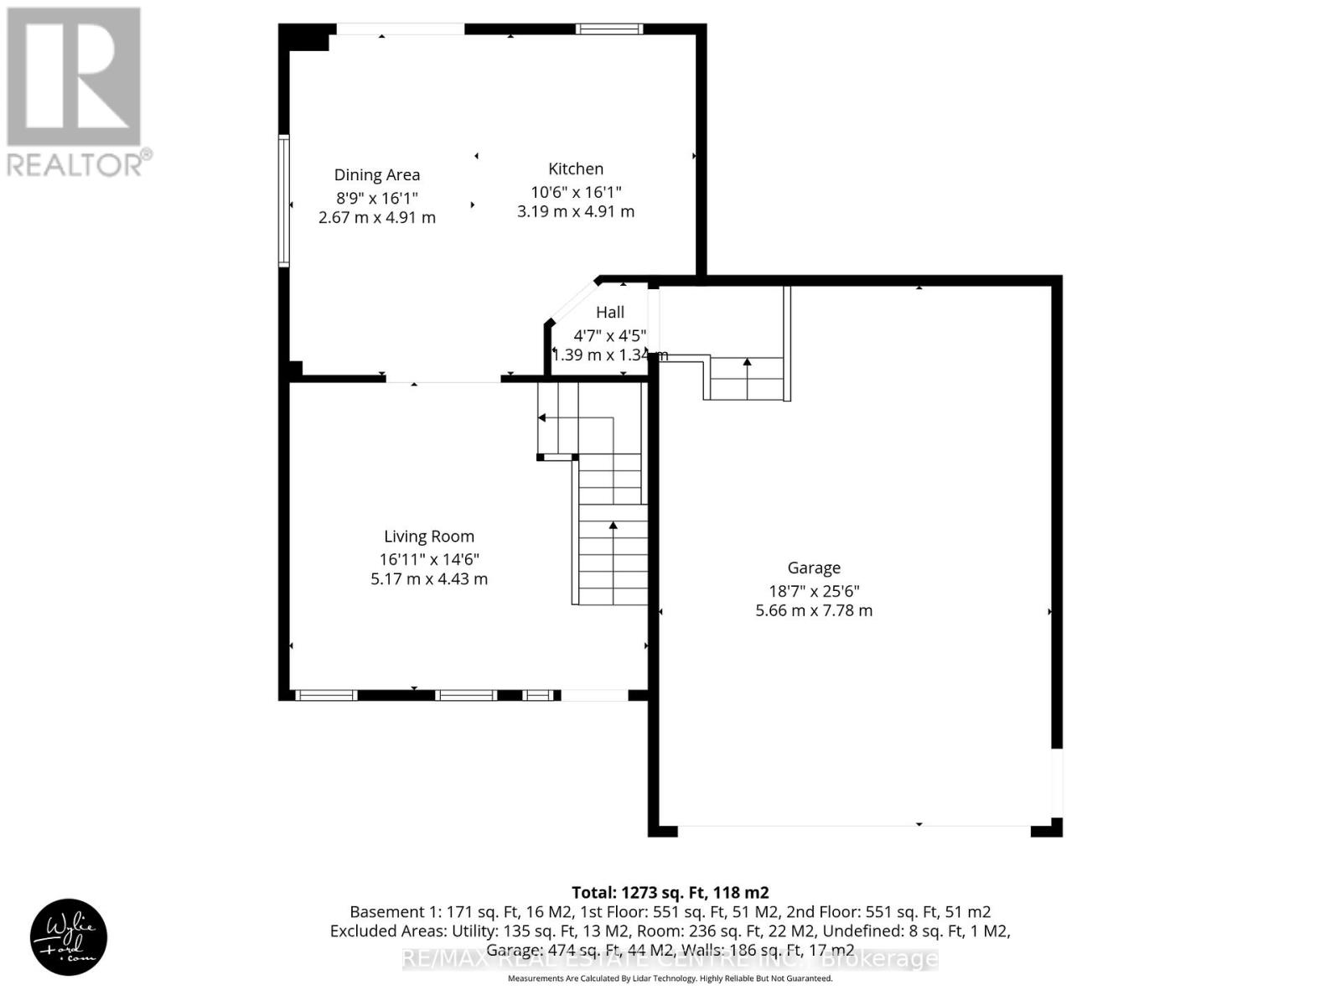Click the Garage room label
(x=813, y=568)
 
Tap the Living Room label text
(x=429, y=537)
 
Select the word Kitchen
(x=576, y=169)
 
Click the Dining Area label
(x=377, y=175)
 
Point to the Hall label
(x=610, y=313)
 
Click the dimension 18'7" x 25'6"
(x=814, y=591)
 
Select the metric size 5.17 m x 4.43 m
(x=429, y=579)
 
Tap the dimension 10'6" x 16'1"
(x=576, y=192)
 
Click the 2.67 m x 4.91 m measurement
(x=377, y=218)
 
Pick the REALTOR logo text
(x=80, y=163)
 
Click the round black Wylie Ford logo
(x=69, y=937)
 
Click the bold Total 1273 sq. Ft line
(x=670, y=893)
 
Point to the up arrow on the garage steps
(x=747, y=363)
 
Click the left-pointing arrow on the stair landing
(x=542, y=417)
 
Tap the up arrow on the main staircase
(x=613, y=526)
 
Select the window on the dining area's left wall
(x=284, y=201)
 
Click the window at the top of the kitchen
(x=609, y=29)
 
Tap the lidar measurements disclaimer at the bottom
(x=670, y=978)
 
